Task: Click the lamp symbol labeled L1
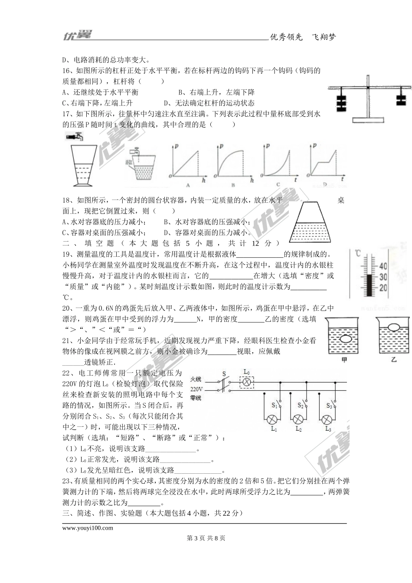(x=272, y=419)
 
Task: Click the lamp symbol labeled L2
(x=298, y=419)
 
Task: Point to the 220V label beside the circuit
(x=196, y=389)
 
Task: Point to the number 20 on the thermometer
(x=383, y=288)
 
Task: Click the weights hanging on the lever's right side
(x=402, y=99)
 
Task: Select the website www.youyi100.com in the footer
(x=88, y=528)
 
